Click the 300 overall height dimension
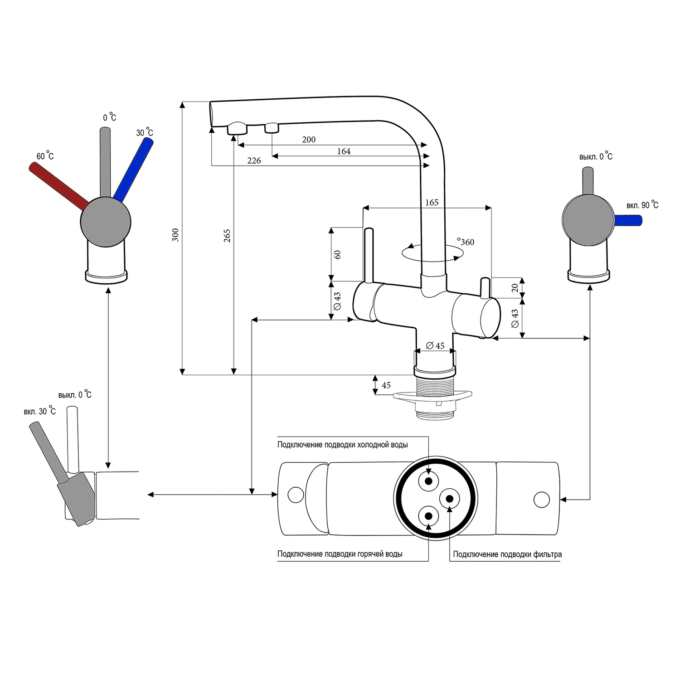(175, 235)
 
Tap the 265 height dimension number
(227, 235)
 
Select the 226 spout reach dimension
(254, 161)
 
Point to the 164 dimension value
(344, 151)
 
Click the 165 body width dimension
(432, 203)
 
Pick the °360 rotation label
(466, 242)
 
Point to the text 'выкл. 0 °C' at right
(596, 157)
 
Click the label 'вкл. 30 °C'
(40, 411)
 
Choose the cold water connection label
(342, 445)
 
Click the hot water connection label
(340, 554)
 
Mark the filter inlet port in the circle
(450, 499)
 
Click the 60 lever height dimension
(337, 254)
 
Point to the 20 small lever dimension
(515, 288)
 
